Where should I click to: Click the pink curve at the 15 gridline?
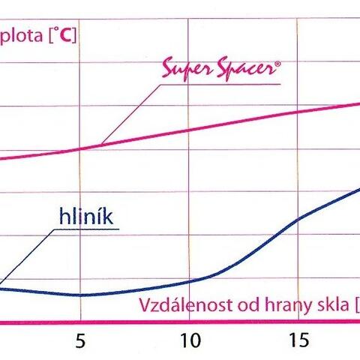pos(298,112)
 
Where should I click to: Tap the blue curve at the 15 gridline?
pos(298,220)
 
